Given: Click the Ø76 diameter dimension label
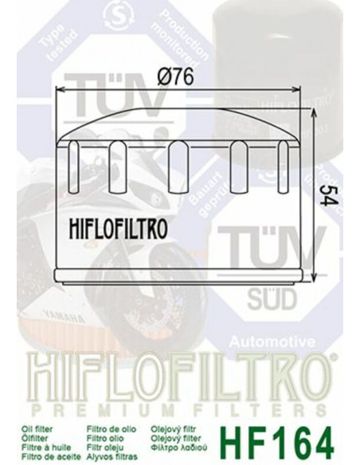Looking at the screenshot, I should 180,79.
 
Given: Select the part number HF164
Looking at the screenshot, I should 292,439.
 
